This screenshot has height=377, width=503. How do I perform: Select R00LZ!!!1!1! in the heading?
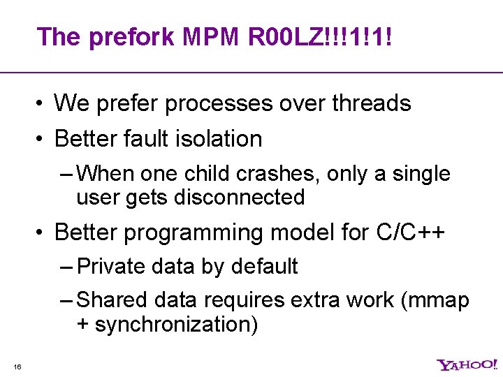(320, 36)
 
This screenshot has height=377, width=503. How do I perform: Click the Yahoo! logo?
(467, 364)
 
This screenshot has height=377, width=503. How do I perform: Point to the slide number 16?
(17, 367)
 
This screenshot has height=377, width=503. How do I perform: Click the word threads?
(371, 103)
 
